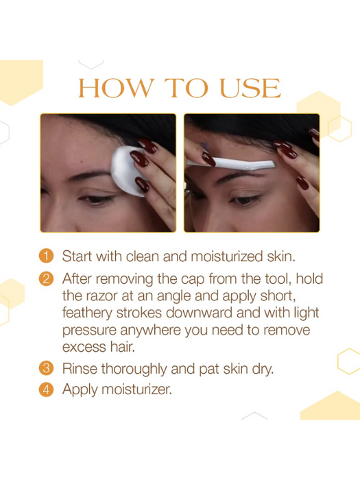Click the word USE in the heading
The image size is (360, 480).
[250, 88]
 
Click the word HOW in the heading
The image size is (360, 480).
[117, 88]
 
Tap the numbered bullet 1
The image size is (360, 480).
[46, 256]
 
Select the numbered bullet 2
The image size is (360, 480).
[46, 278]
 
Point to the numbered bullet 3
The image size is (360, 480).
[46, 368]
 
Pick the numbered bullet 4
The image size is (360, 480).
[46, 389]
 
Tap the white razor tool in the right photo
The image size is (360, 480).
[231, 163]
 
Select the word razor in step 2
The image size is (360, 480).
[102, 296]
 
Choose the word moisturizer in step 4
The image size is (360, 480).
[136, 389]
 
